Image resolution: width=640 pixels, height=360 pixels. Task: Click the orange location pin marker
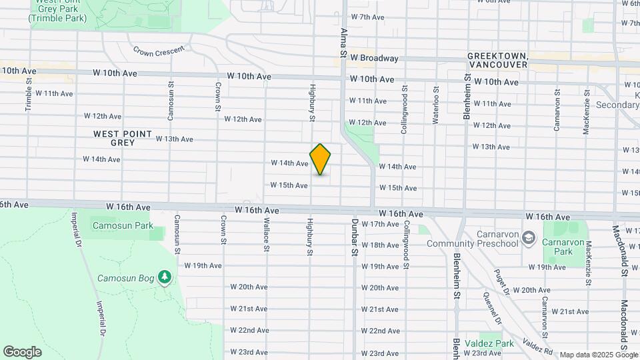[x=321, y=159]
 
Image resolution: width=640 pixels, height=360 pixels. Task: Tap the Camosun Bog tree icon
[x=165, y=277]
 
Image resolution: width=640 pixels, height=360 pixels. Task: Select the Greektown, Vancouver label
[x=497, y=60]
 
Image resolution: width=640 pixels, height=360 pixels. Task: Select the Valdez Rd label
[x=537, y=345]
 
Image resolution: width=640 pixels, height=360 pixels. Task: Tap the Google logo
[x=22, y=352]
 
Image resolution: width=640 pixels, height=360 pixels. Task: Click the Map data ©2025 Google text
[x=598, y=355]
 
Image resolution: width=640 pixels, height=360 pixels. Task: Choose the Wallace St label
[x=266, y=234]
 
